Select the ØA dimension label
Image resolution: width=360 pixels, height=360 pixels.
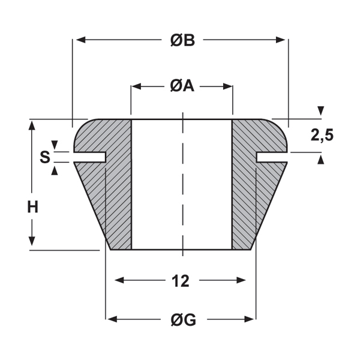click(x=181, y=86)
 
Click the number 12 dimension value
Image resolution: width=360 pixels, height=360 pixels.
click(x=180, y=280)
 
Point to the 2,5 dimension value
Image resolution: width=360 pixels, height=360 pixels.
click(x=322, y=136)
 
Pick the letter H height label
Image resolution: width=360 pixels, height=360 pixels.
click(x=32, y=208)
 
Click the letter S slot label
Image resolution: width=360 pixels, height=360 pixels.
click(x=44, y=158)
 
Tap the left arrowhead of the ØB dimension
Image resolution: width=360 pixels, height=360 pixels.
click(x=77, y=40)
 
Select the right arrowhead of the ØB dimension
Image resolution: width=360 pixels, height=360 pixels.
click(x=283, y=40)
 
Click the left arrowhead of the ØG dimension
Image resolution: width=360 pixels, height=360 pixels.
click(x=112, y=319)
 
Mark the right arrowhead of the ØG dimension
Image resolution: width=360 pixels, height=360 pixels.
click(x=251, y=319)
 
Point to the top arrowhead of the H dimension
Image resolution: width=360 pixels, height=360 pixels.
click(x=32, y=125)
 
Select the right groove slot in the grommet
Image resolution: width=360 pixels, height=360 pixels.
click(x=271, y=157)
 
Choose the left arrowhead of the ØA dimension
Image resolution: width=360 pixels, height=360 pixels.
click(x=136, y=86)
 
